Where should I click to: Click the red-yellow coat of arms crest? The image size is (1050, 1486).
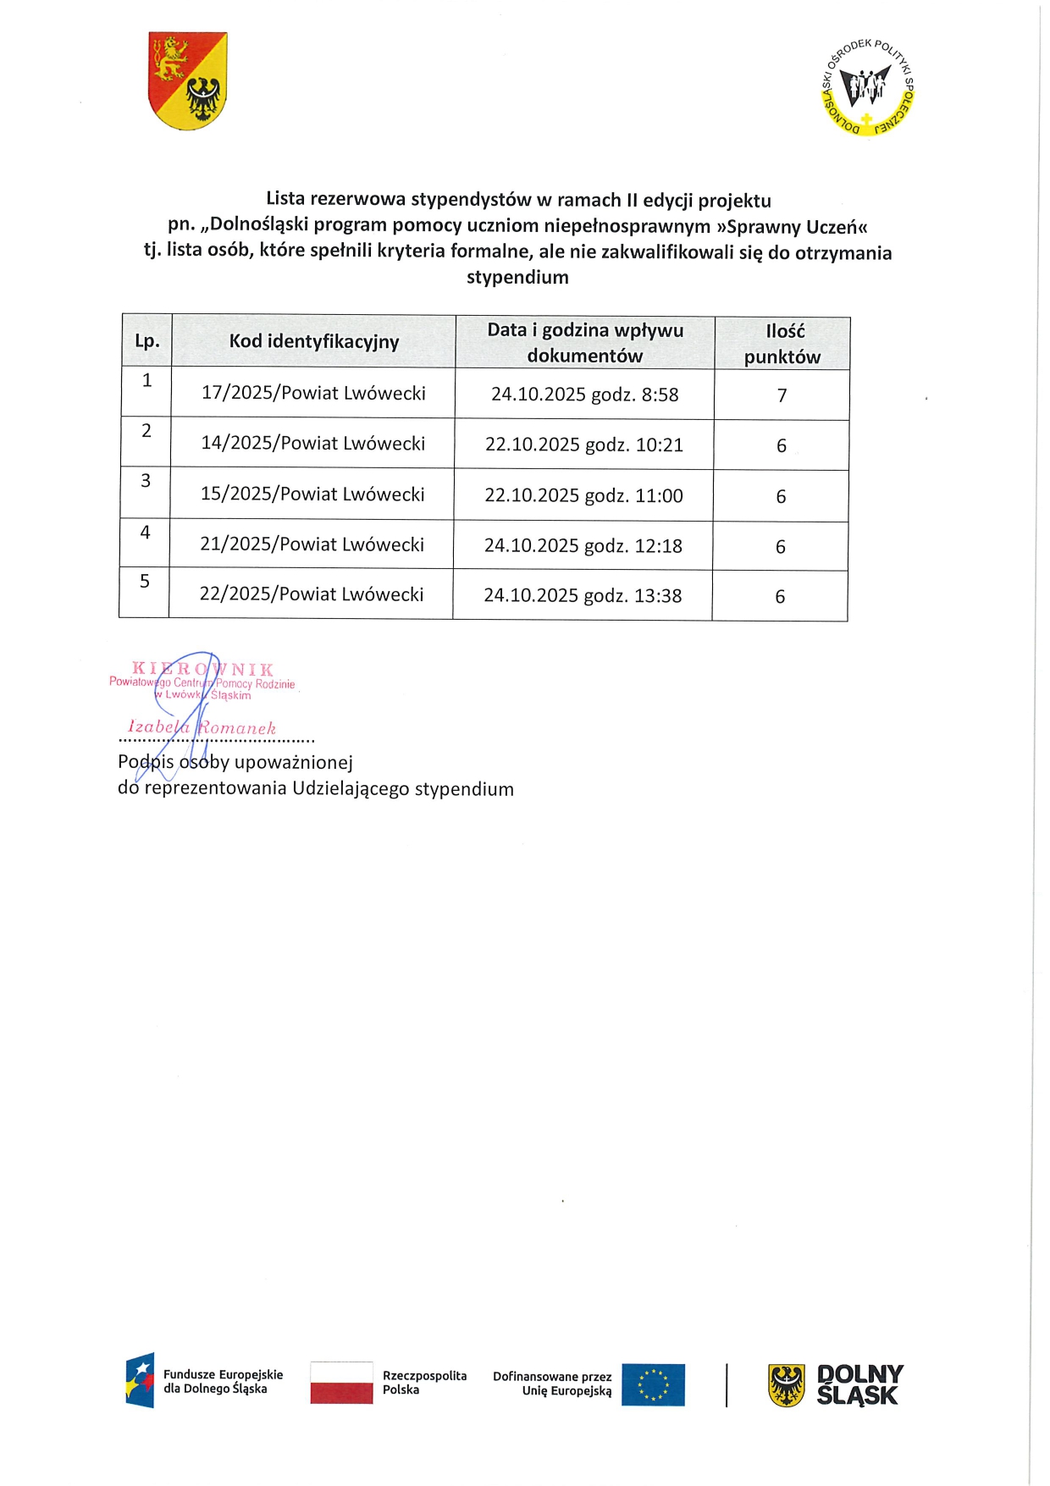click(187, 80)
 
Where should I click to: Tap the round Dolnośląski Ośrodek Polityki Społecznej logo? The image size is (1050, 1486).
click(868, 87)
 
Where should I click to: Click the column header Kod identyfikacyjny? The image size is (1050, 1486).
click(313, 341)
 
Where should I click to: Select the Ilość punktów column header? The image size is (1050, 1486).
click(782, 344)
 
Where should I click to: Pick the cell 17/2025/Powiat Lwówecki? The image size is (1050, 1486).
click(313, 393)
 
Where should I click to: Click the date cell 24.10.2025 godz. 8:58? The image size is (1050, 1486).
click(584, 395)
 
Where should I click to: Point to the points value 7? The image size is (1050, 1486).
click(782, 395)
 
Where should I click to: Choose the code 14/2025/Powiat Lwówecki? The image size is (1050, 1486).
click(312, 444)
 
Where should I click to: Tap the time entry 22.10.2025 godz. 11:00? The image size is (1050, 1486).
click(583, 496)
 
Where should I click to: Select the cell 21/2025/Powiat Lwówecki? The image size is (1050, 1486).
click(312, 544)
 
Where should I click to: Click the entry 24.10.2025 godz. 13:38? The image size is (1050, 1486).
click(583, 596)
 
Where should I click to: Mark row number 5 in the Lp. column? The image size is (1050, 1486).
click(145, 582)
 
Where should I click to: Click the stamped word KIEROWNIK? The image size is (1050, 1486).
click(202, 670)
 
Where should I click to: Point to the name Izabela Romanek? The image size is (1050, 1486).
click(202, 728)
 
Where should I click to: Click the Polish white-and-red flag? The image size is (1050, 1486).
click(341, 1383)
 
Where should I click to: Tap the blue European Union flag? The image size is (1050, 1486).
click(652, 1384)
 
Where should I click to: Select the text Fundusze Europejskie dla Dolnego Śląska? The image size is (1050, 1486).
click(223, 1382)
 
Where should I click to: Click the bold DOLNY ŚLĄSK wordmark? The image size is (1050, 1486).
click(859, 1385)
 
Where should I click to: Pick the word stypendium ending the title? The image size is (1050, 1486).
click(517, 278)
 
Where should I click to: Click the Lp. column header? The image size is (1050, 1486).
click(147, 341)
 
